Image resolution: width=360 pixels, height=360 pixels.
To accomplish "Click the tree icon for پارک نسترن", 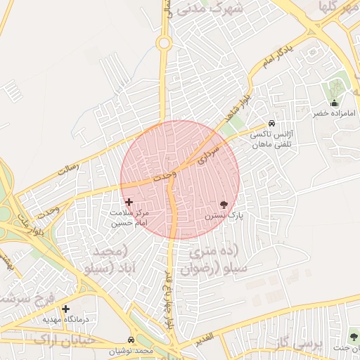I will (224, 205).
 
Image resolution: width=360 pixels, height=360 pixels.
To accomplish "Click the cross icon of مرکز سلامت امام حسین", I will (129, 202).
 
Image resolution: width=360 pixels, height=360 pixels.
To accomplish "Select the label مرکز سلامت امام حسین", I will (130, 217).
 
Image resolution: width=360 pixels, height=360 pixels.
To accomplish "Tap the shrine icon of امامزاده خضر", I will (334, 103).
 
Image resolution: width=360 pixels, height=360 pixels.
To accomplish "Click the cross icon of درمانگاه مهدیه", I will (65, 309).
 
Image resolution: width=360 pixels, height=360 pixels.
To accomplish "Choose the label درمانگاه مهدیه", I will (65, 319).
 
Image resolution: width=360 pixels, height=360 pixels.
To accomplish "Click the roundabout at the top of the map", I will (165, 44).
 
